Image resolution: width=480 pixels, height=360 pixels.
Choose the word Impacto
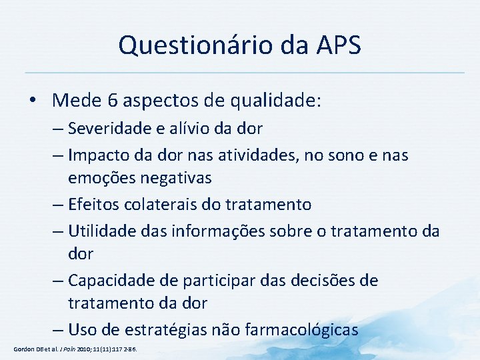[99, 155]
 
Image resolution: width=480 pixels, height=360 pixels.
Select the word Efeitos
[94, 204]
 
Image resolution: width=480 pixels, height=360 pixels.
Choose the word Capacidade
[111, 281]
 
